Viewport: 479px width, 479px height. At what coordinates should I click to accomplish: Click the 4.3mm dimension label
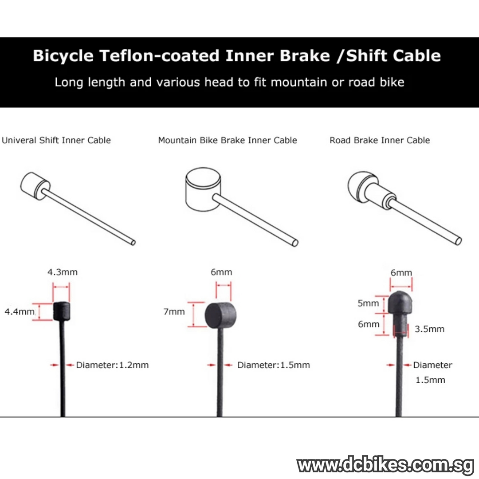point(62,272)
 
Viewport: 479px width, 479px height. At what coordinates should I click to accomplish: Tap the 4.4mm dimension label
point(19,311)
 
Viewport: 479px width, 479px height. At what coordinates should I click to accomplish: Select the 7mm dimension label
point(174,311)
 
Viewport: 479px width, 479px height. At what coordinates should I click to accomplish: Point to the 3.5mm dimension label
point(429,329)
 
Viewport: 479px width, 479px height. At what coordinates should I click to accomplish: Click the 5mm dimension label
point(368,303)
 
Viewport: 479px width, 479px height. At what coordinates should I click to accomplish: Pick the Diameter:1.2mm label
point(112,365)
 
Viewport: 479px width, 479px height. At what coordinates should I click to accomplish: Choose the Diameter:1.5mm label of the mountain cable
point(273,365)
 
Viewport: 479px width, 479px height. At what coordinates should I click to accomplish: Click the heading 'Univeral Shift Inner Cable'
point(56,140)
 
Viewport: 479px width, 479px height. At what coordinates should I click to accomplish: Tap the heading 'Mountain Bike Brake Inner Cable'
point(228,140)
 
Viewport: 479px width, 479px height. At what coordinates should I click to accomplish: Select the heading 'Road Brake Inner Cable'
point(380,140)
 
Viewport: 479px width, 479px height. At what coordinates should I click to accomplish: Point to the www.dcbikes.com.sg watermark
point(385,466)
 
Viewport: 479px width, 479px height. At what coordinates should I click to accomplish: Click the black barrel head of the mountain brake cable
point(220,315)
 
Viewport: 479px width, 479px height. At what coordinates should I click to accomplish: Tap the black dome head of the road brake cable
point(401,302)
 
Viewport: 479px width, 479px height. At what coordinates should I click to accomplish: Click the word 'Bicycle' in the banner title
point(63,56)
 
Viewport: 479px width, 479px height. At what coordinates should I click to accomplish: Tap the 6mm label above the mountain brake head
point(221,272)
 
